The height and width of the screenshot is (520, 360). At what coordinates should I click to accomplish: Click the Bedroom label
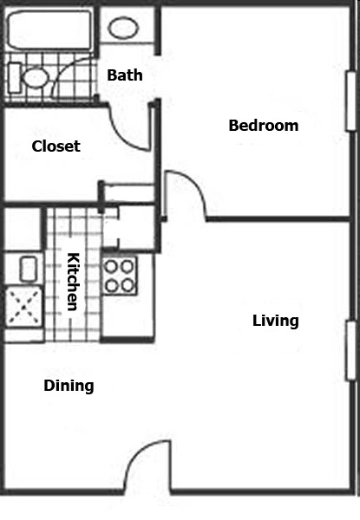coord(264,126)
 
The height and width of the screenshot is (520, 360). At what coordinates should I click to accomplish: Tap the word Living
coord(276,321)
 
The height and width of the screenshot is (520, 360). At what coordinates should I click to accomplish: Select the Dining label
coord(69,386)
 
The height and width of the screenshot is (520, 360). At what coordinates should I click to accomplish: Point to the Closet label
coord(56,146)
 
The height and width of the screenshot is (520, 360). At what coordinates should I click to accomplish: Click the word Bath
coord(125,75)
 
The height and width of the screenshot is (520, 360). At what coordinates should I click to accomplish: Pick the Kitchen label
coord(74,282)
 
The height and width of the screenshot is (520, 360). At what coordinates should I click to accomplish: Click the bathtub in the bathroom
coord(49,30)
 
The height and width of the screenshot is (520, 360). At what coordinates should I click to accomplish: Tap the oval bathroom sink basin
coord(123,28)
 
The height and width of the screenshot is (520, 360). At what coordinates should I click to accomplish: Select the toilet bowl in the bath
coord(36,78)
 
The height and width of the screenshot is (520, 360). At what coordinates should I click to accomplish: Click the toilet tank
coord(14,78)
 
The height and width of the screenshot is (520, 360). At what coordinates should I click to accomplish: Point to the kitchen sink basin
coord(29,269)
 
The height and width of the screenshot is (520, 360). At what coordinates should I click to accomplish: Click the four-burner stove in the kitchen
coord(120,276)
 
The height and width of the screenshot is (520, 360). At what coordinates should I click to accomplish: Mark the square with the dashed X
coord(24,307)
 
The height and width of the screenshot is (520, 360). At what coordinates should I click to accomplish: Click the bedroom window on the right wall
coord(351,101)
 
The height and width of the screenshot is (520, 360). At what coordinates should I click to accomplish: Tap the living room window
coord(351,350)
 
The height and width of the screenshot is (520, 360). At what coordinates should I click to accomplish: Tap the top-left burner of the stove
coord(111,266)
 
